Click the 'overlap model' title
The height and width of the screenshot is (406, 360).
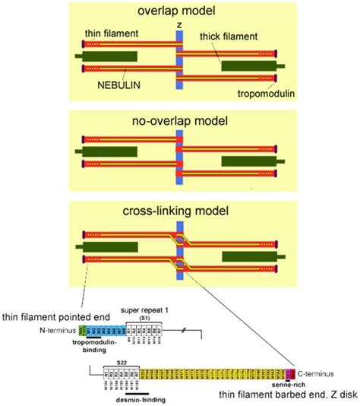(x=179, y=11)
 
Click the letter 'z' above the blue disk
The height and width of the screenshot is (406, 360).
(x=180, y=25)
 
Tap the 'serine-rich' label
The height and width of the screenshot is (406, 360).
(x=292, y=385)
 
